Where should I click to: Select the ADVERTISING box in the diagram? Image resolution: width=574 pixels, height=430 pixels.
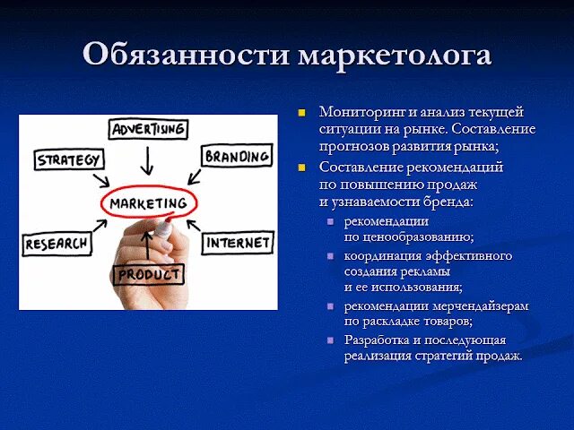click(x=149, y=130)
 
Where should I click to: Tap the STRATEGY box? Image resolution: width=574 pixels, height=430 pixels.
click(x=70, y=161)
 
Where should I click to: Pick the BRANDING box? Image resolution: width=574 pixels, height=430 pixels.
click(x=237, y=157)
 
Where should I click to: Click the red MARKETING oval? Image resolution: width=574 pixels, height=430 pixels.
click(x=148, y=203)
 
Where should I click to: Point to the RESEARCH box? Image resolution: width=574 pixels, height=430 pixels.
click(x=57, y=243)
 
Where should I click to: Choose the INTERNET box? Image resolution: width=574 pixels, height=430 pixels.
click(x=238, y=242)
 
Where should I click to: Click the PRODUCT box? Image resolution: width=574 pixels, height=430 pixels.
click(x=149, y=274)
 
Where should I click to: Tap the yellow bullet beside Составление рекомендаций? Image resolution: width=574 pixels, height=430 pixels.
click(x=302, y=168)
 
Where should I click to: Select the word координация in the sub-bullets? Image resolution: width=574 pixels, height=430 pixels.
click(x=380, y=256)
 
